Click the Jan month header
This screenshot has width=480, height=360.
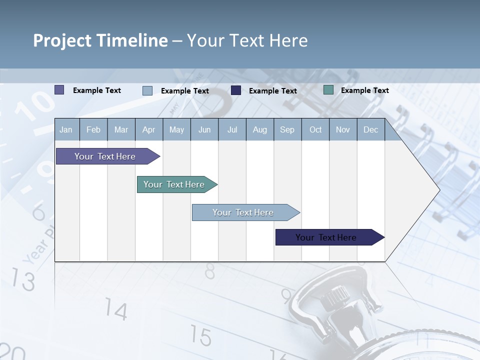click(66, 129)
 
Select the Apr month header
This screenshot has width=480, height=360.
click(148, 129)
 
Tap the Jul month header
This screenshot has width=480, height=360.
click(232, 129)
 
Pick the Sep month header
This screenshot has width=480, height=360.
click(287, 129)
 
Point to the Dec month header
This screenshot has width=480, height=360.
click(370, 129)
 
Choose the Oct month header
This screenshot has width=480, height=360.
click(315, 129)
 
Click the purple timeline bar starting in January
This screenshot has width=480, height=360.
click(105, 156)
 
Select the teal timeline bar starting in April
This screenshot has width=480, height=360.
click(174, 184)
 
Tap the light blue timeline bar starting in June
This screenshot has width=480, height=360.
click(243, 212)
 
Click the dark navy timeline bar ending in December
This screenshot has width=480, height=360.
click(326, 237)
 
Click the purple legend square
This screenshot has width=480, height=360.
click(59, 90)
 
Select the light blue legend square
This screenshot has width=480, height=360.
click(147, 90)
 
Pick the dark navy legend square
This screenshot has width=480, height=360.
click(236, 90)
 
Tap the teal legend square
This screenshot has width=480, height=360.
click(328, 90)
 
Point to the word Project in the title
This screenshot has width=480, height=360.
click(61, 40)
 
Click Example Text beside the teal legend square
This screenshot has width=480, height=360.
click(364, 90)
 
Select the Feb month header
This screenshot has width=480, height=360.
click(93, 129)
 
